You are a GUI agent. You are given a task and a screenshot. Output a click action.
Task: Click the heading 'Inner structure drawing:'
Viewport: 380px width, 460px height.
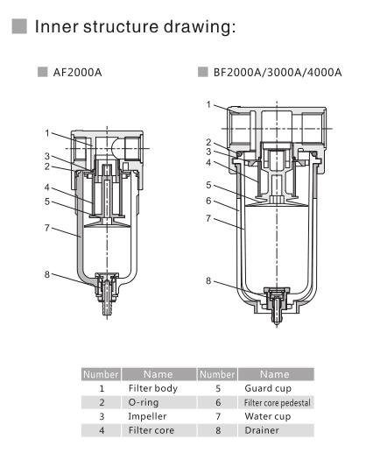[136, 27]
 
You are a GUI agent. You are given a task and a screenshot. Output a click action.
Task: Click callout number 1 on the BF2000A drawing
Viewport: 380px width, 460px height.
[208, 104]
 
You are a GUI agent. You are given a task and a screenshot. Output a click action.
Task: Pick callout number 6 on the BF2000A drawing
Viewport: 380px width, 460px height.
[208, 200]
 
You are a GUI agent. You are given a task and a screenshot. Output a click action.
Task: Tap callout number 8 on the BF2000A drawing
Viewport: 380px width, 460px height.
[208, 281]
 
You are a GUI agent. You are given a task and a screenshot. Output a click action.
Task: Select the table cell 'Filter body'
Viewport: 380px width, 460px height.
[152, 386]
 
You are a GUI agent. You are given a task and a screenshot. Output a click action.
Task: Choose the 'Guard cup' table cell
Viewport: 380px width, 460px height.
[270, 386]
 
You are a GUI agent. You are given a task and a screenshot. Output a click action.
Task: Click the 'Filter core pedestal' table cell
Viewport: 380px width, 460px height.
[275, 401]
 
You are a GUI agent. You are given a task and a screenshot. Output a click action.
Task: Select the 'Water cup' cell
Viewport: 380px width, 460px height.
[268, 415]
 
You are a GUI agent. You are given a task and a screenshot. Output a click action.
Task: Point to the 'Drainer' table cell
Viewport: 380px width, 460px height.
[264, 430]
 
